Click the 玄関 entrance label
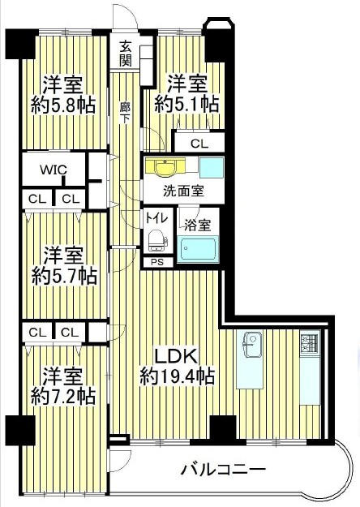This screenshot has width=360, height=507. pos(126,54)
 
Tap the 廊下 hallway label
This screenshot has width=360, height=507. pos(125,113)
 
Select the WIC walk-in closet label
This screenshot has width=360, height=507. pos(54,170)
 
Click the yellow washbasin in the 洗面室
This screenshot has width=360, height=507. pos(165,166)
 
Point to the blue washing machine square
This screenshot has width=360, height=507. pos(212,167)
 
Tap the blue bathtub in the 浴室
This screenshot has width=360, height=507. pos(198,248)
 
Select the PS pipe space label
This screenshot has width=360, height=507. pos(157,262)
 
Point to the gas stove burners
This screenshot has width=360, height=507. pos(310,344)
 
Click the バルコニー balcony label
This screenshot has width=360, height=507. pos(223,470)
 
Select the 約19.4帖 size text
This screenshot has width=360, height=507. pos(177,376)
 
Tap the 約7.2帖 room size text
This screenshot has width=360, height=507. pos(63,396)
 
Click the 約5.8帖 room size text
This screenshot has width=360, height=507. pos(63,105)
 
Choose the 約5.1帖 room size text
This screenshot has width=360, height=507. pos(186,105)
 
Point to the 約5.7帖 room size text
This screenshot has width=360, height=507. pos(64,276)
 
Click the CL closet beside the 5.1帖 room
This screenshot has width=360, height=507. pos(199,144)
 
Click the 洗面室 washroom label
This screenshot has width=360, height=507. pos(183,191)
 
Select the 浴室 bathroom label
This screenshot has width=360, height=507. pos(198,225)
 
